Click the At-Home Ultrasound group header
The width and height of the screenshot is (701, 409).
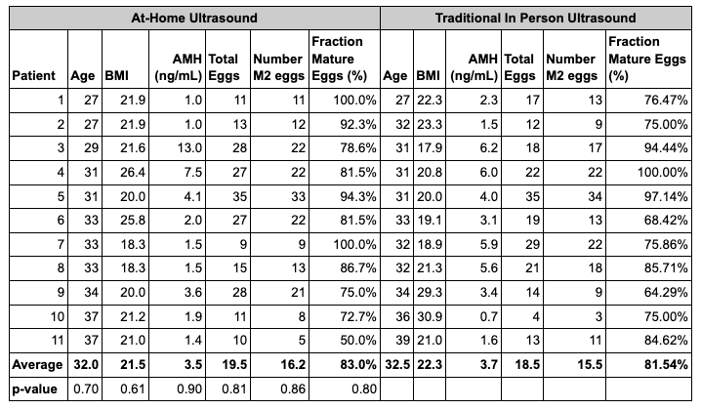point(194,18)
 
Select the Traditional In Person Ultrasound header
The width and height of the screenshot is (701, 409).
point(535,18)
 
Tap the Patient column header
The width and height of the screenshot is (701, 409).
point(33,75)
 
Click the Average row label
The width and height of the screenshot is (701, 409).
point(37,365)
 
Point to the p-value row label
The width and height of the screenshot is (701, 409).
point(34,389)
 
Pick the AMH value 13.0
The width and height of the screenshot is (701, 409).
point(189,148)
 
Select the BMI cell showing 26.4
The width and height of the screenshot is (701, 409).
point(133,172)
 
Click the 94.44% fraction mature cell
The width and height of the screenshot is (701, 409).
point(666,148)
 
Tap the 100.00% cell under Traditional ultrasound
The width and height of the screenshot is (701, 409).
point(663,172)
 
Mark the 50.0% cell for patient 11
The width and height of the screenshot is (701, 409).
point(358,340)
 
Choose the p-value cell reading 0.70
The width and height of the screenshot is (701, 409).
point(86,389)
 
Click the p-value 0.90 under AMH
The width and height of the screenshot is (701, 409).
point(189,389)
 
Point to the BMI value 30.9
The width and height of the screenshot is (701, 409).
point(430,316)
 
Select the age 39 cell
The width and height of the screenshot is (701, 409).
point(403,340)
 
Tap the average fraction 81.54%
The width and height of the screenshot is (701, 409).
point(666,365)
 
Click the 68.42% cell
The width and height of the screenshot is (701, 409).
point(666,220)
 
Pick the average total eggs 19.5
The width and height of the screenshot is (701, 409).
point(234,365)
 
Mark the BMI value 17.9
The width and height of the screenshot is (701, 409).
point(430,148)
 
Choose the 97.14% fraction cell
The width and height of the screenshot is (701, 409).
point(666,196)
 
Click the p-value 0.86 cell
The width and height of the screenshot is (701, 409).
point(293,389)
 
